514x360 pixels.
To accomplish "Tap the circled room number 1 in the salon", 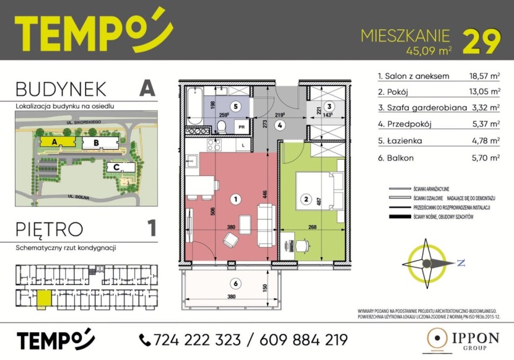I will (x=235, y=199).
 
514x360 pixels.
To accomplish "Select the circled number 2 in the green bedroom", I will (x=305, y=199).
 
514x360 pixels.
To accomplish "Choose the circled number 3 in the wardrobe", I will (x=330, y=105).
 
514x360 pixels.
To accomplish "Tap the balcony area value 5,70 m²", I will (x=484, y=158).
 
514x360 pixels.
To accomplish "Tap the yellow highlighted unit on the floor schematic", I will (x=44, y=299).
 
